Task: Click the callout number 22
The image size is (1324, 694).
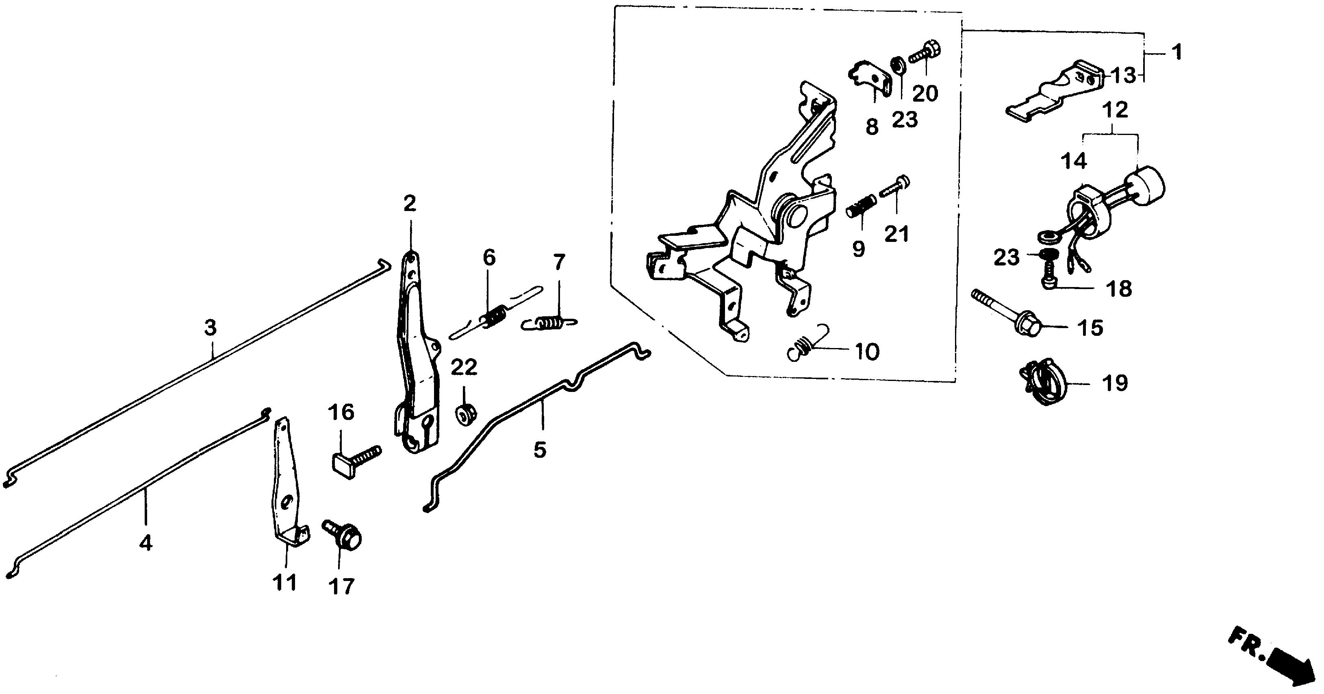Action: [x=464, y=368]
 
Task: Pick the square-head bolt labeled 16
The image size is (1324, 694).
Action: [x=355, y=459]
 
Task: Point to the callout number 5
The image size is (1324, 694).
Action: [x=540, y=450]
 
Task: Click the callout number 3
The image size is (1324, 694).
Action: [x=210, y=327]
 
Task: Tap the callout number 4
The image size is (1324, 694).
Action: [x=146, y=543]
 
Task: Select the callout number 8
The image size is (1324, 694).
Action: [x=872, y=127]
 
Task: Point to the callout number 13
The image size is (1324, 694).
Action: [x=1123, y=76]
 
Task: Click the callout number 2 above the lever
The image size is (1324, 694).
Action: [x=410, y=204]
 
